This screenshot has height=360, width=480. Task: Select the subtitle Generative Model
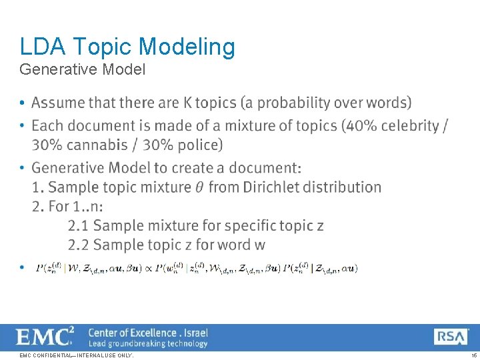pos(83,69)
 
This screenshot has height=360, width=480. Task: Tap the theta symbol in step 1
pos(199,187)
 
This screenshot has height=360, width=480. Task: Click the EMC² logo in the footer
pos(45,337)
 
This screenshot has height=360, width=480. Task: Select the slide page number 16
pos(473,356)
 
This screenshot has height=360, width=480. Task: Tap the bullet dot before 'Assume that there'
pos(23,103)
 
